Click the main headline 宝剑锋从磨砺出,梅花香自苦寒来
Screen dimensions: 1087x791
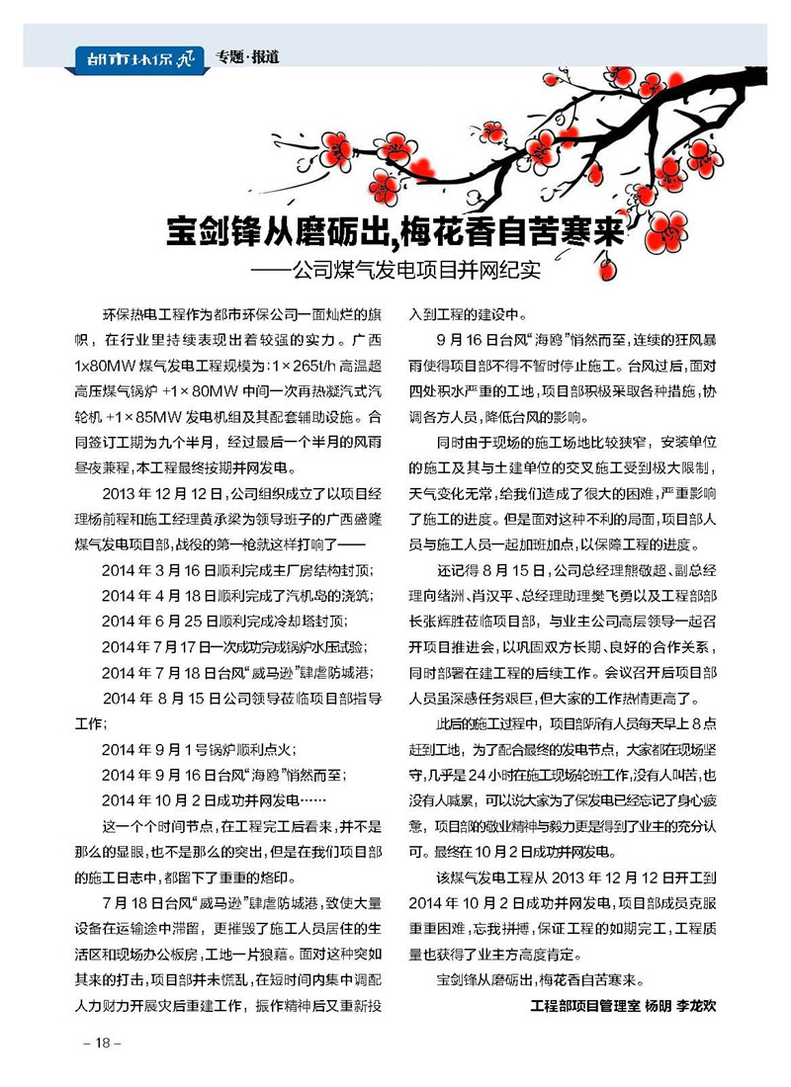click(394, 235)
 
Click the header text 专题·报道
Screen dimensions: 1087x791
click(247, 57)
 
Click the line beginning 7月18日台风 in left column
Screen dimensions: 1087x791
click(236, 903)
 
